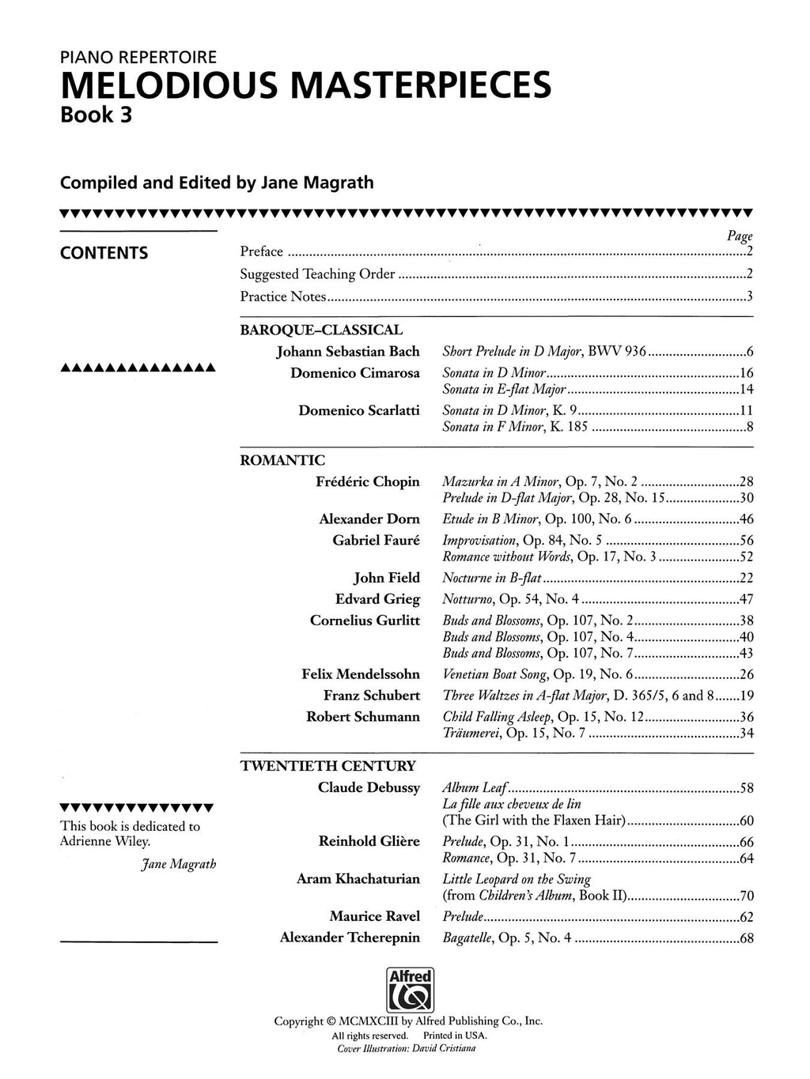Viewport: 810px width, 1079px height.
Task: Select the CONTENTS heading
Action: (x=104, y=253)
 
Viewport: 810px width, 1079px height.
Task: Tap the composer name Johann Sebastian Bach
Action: (x=348, y=351)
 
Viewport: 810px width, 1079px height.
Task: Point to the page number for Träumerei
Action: (x=746, y=734)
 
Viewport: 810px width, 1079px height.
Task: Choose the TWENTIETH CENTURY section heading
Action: (x=327, y=765)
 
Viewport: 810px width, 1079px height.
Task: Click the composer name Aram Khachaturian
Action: (x=358, y=878)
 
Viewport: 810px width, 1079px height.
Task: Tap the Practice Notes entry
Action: (x=283, y=297)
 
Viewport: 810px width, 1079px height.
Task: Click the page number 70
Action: (x=746, y=896)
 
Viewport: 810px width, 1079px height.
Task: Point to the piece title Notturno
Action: (x=468, y=599)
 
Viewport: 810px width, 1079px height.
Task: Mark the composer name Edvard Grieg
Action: (x=377, y=599)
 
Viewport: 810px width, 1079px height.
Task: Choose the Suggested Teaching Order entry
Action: (x=317, y=274)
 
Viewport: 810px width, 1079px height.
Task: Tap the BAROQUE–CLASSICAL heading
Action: (x=321, y=330)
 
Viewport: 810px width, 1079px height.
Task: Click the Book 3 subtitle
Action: (x=97, y=115)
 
